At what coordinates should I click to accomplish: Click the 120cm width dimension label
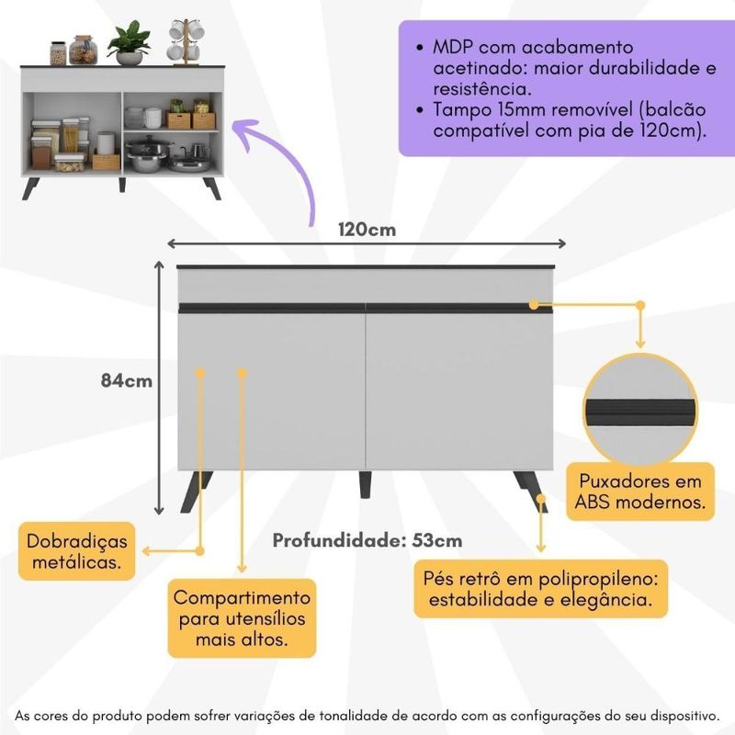pos(367,230)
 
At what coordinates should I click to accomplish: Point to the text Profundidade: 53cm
pos(367,540)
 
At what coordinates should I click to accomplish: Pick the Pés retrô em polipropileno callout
pos(545,591)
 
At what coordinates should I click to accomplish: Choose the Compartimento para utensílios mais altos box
pos(243,617)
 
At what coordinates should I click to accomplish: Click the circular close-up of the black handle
pos(640,409)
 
